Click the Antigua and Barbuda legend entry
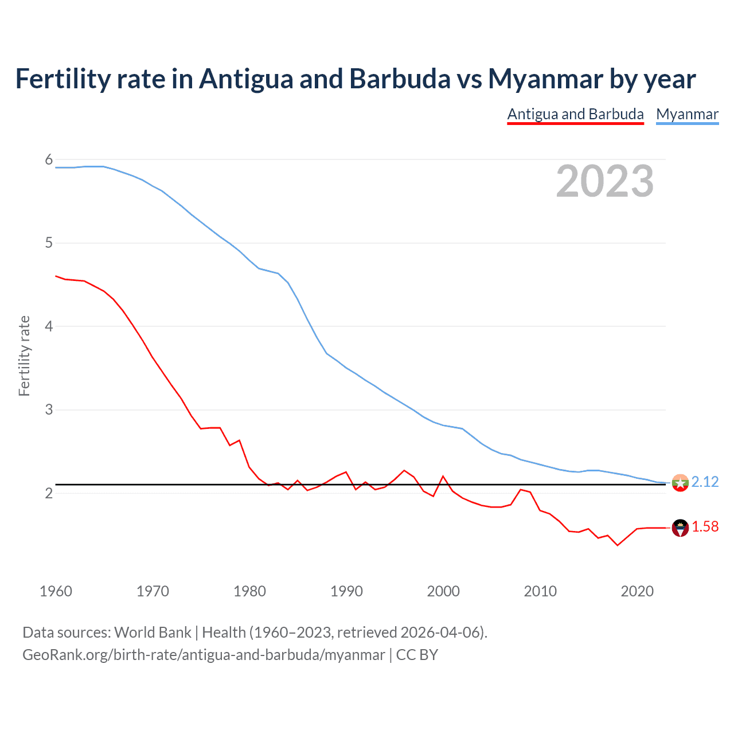575,114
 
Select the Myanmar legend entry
687,114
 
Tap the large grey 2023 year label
604,181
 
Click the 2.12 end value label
705,482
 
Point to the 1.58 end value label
705,526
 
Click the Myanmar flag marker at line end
680,482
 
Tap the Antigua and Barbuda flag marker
680,528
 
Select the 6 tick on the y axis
49,159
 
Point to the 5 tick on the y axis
49,243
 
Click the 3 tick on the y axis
49,410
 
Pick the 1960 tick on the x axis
56,591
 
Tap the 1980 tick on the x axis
249,591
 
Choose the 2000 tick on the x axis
443,591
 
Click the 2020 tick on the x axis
637,591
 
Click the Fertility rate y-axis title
24,356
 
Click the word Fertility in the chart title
62,79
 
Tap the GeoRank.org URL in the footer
204,654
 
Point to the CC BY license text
417,654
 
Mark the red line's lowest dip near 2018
618,545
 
